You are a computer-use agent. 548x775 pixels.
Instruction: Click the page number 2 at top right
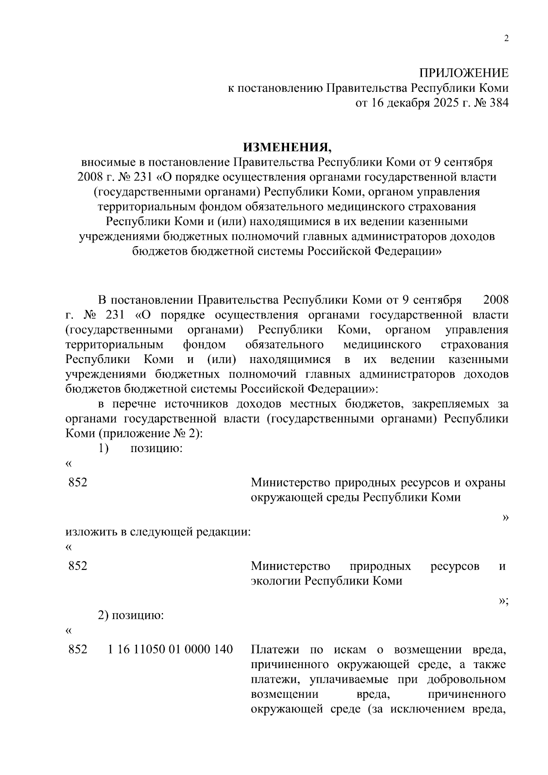pos(506,39)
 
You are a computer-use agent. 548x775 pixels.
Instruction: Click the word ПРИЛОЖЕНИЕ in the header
pos(464,73)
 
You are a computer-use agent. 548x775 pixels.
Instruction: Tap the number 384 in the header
pos(499,103)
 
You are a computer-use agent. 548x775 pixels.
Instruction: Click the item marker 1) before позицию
pos(103,448)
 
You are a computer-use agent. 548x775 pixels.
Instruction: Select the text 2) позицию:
pos(131,615)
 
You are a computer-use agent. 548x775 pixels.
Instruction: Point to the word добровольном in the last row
pos(466,679)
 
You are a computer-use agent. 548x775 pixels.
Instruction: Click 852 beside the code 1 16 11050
pos(78,649)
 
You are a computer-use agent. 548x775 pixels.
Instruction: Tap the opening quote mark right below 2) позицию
pos(69,631)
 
